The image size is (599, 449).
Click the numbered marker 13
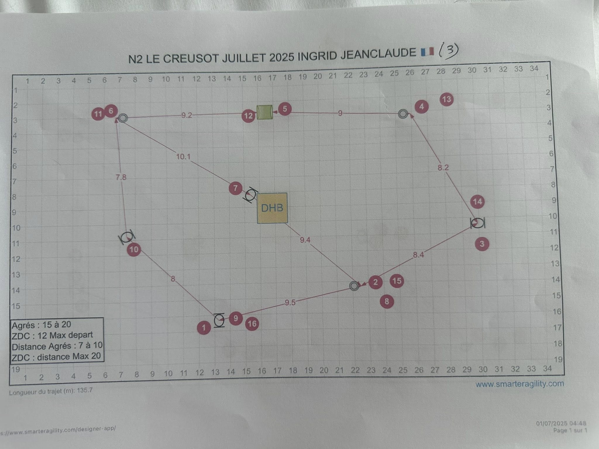446,99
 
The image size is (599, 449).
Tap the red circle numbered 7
236,188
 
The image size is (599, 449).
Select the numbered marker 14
477,202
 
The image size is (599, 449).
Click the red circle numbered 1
204,328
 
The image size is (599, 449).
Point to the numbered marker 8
387,301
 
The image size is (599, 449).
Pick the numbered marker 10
134,250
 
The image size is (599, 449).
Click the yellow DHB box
272,208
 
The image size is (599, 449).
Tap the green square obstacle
264,112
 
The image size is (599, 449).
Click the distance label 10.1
183,157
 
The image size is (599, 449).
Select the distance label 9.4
305,240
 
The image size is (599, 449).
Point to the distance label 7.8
121,177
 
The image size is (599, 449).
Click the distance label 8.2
443,167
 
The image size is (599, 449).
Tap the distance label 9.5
290,303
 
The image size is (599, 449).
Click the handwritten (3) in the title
448,51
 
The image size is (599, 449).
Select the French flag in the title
427,52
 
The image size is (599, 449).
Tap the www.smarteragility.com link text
519,384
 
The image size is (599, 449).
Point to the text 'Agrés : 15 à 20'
42,325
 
